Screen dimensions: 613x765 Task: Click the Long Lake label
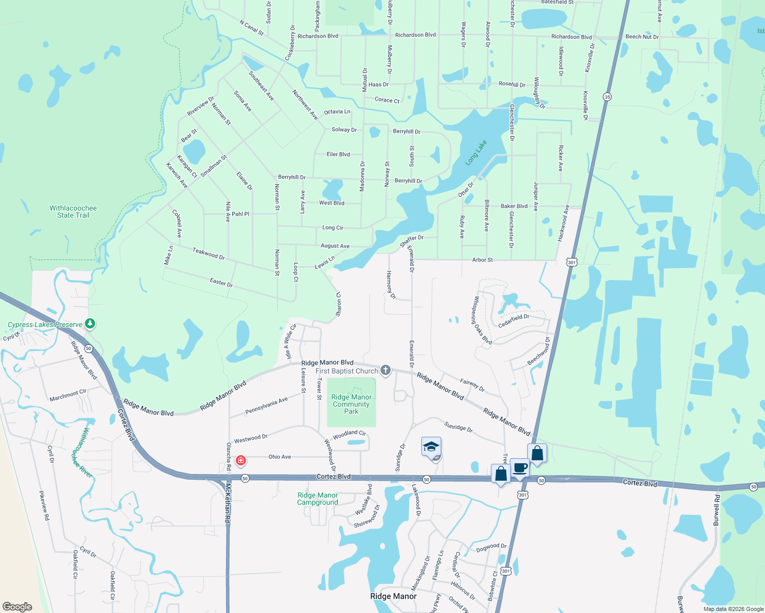pyautogui.click(x=476, y=153)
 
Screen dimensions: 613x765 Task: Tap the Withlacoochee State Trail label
pyautogui.click(x=73, y=211)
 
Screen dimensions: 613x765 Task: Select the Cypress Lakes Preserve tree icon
pyautogui.click(x=90, y=323)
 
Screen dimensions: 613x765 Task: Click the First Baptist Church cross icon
pyautogui.click(x=386, y=370)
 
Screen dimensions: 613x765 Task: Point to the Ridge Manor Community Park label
pyautogui.click(x=351, y=404)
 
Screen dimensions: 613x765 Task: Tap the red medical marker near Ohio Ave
pyautogui.click(x=240, y=461)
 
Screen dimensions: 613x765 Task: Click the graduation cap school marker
pyautogui.click(x=431, y=446)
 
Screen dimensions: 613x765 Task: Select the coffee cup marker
pyautogui.click(x=520, y=467)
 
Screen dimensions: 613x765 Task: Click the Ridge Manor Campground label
pyautogui.click(x=318, y=499)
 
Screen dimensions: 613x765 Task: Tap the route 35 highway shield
pyautogui.click(x=607, y=97)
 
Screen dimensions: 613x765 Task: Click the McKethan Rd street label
pyautogui.click(x=228, y=504)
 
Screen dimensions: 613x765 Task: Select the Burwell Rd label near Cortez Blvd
pyautogui.click(x=716, y=510)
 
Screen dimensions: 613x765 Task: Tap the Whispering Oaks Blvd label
pyautogui.click(x=482, y=320)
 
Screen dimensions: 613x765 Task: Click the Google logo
pyautogui.click(x=17, y=606)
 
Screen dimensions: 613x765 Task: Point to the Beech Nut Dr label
pyautogui.click(x=642, y=37)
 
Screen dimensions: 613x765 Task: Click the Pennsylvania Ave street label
pyautogui.click(x=266, y=406)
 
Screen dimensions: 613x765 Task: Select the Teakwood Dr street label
pyautogui.click(x=209, y=253)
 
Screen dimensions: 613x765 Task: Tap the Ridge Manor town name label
pyautogui.click(x=393, y=596)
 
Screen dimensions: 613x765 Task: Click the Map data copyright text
pyautogui.click(x=733, y=609)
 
